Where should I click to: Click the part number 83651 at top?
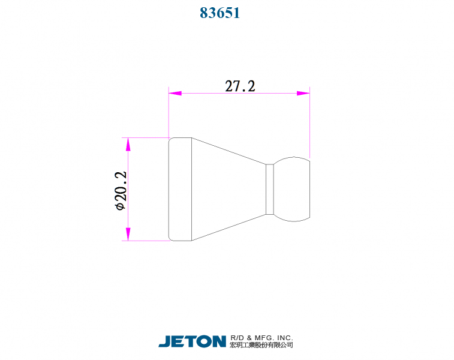click(x=220, y=13)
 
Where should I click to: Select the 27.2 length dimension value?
click(x=240, y=86)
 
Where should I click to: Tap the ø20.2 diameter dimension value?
click(x=120, y=190)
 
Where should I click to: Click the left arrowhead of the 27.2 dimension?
click(x=175, y=93)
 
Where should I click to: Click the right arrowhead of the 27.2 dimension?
click(x=303, y=93)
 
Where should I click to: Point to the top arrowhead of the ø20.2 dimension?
click(x=128, y=145)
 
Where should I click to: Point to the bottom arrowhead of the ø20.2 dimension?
click(x=128, y=233)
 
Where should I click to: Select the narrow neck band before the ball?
click(x=270, y=189)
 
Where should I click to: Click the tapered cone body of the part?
click(x=228, y=189)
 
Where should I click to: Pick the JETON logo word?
click(x=192, y=341)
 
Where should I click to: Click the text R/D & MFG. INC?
click(x=261, y=338)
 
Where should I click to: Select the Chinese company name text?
click(x=261, y=346)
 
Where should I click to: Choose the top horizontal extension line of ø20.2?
click(x=147, y=137)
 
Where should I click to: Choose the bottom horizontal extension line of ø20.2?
click(x=147, y=241)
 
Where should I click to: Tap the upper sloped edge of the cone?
click(x=228, y=150)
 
